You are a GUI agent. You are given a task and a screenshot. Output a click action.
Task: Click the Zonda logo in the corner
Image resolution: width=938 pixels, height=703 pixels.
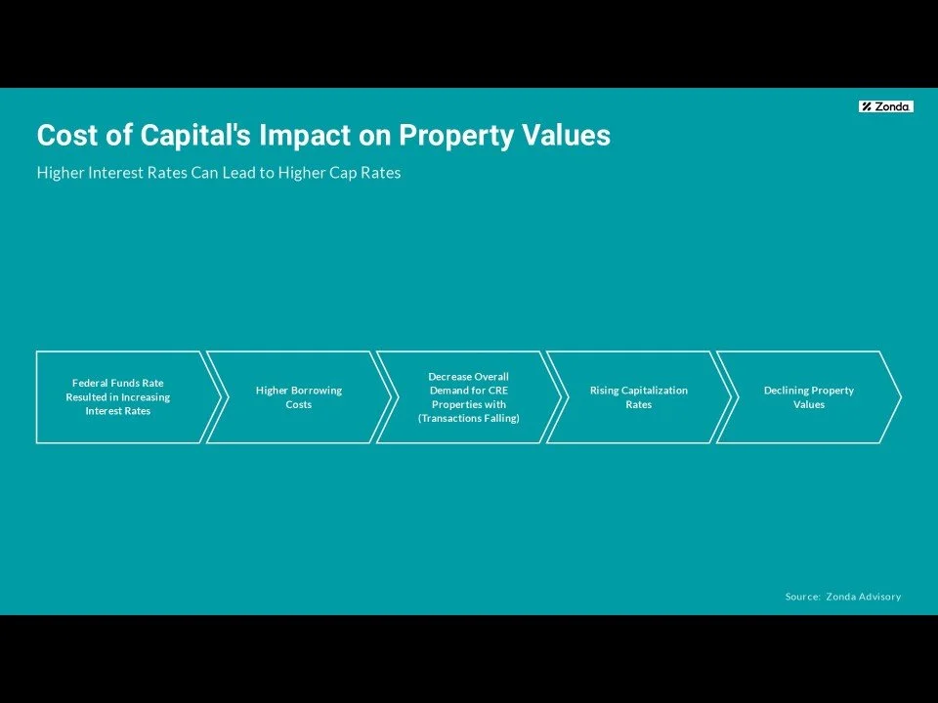coord(886,106)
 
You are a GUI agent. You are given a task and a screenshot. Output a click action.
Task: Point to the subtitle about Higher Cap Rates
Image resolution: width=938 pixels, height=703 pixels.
coord(219,173)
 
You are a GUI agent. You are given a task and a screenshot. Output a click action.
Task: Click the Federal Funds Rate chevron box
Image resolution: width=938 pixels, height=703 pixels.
coord(118,397)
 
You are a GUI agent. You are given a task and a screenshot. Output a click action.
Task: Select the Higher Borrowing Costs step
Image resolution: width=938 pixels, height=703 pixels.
coord(299,397)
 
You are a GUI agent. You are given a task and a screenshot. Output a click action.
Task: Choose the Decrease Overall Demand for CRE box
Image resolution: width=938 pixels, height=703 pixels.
coord(469,397)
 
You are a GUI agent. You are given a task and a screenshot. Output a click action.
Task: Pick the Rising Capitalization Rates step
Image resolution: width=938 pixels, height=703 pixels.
coord(639,397)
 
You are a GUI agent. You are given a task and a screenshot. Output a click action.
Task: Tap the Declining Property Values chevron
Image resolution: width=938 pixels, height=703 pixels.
coord(809,397)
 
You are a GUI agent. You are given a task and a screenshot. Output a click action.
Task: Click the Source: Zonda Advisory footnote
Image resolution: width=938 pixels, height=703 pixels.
coord(843,597)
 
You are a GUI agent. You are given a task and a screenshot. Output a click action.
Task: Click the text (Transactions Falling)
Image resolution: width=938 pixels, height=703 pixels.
coord(469,419)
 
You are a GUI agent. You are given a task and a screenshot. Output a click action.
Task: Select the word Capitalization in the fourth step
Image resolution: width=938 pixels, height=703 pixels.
coord(655,391)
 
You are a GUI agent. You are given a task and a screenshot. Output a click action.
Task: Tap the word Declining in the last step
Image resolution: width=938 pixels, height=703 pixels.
coord(785,391)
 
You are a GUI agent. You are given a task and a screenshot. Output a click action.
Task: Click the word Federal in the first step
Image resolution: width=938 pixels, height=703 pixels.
coord(90,384)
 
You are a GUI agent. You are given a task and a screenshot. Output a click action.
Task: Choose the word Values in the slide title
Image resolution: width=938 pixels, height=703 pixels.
coord(573,136)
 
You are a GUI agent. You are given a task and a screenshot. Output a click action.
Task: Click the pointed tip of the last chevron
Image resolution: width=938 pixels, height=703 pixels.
coord(898,397)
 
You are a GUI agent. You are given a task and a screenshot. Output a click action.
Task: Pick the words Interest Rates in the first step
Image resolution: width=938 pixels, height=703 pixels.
coord(118,412)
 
